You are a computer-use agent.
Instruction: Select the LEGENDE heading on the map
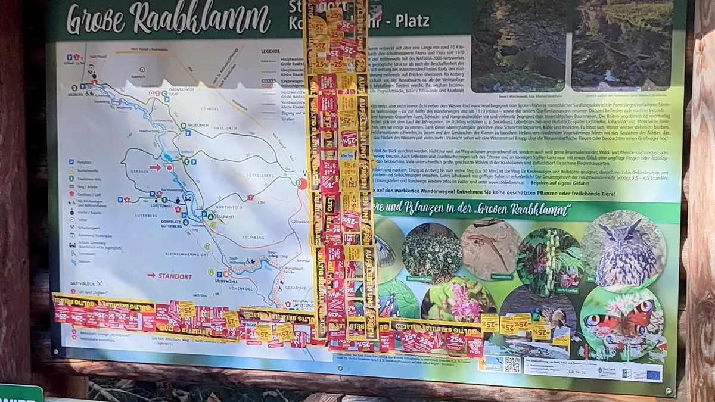(270, 51)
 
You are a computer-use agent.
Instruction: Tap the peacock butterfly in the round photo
(620, 322)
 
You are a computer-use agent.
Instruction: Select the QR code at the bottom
(512, 364)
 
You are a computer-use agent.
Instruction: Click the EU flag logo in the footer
(653, 374)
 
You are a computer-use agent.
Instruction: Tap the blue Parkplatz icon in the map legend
(71, 161)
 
